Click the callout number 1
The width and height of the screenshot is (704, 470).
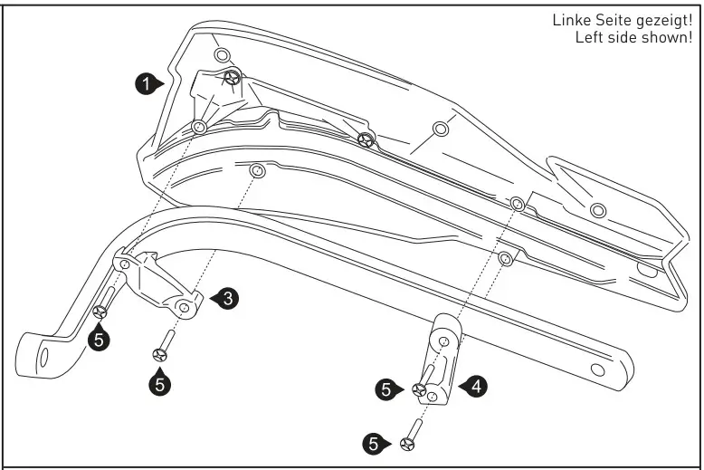(x=146, y=84)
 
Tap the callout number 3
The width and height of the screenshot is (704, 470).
(x=229, y=298)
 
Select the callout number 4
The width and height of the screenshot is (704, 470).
(x=477, y=387)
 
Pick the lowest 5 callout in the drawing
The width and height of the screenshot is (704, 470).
(x=373, y=444)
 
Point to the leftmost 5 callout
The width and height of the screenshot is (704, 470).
(x=100, y=339)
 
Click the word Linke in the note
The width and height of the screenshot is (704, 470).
(x=570, y=20)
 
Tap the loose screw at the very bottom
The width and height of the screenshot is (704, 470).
(x=412, y=434)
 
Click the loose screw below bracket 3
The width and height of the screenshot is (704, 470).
(x=164, y=348)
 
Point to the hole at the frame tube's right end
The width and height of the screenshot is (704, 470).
(x=597, y=370)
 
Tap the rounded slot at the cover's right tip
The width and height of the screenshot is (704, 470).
(x=646, y=269)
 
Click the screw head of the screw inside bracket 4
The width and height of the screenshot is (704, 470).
(x=419, y=389)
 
